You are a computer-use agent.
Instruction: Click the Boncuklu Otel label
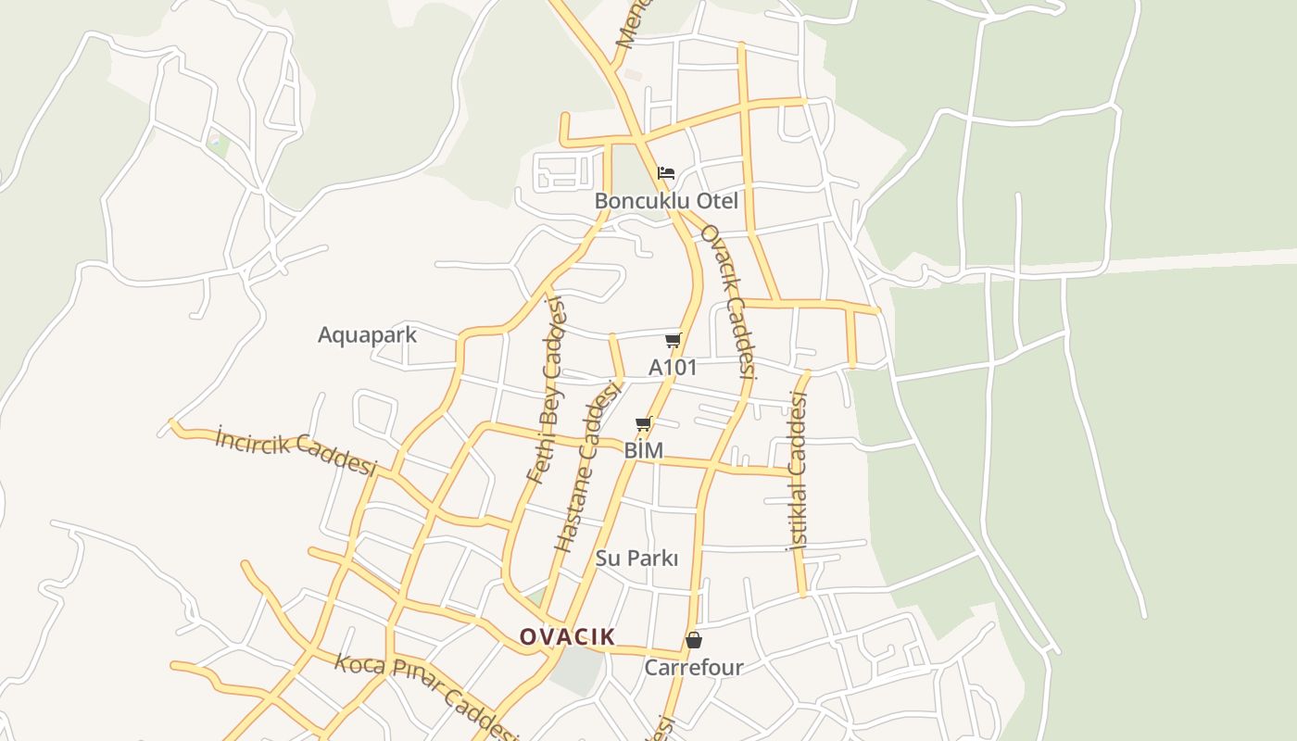tap(666, 201)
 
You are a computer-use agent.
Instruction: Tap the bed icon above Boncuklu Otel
tap(666, 173)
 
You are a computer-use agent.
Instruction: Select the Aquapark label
tap(367, 335)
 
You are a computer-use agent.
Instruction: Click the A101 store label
tap(673, 368)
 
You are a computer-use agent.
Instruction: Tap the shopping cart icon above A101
tap(674, 341)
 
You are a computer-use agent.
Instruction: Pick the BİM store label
tap(644, 451)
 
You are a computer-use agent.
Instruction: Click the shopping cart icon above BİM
tap(644, 424)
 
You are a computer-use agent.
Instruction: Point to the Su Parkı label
tap(636, 559)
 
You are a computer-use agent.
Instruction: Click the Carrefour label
tap(693, 668)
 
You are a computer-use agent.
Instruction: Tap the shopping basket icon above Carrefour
tap(693, 640)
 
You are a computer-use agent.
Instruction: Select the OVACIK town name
tap(567, 636)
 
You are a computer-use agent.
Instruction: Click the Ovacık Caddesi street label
tap(727, 301)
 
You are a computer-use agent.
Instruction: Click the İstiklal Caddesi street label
tap(798, 472)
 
